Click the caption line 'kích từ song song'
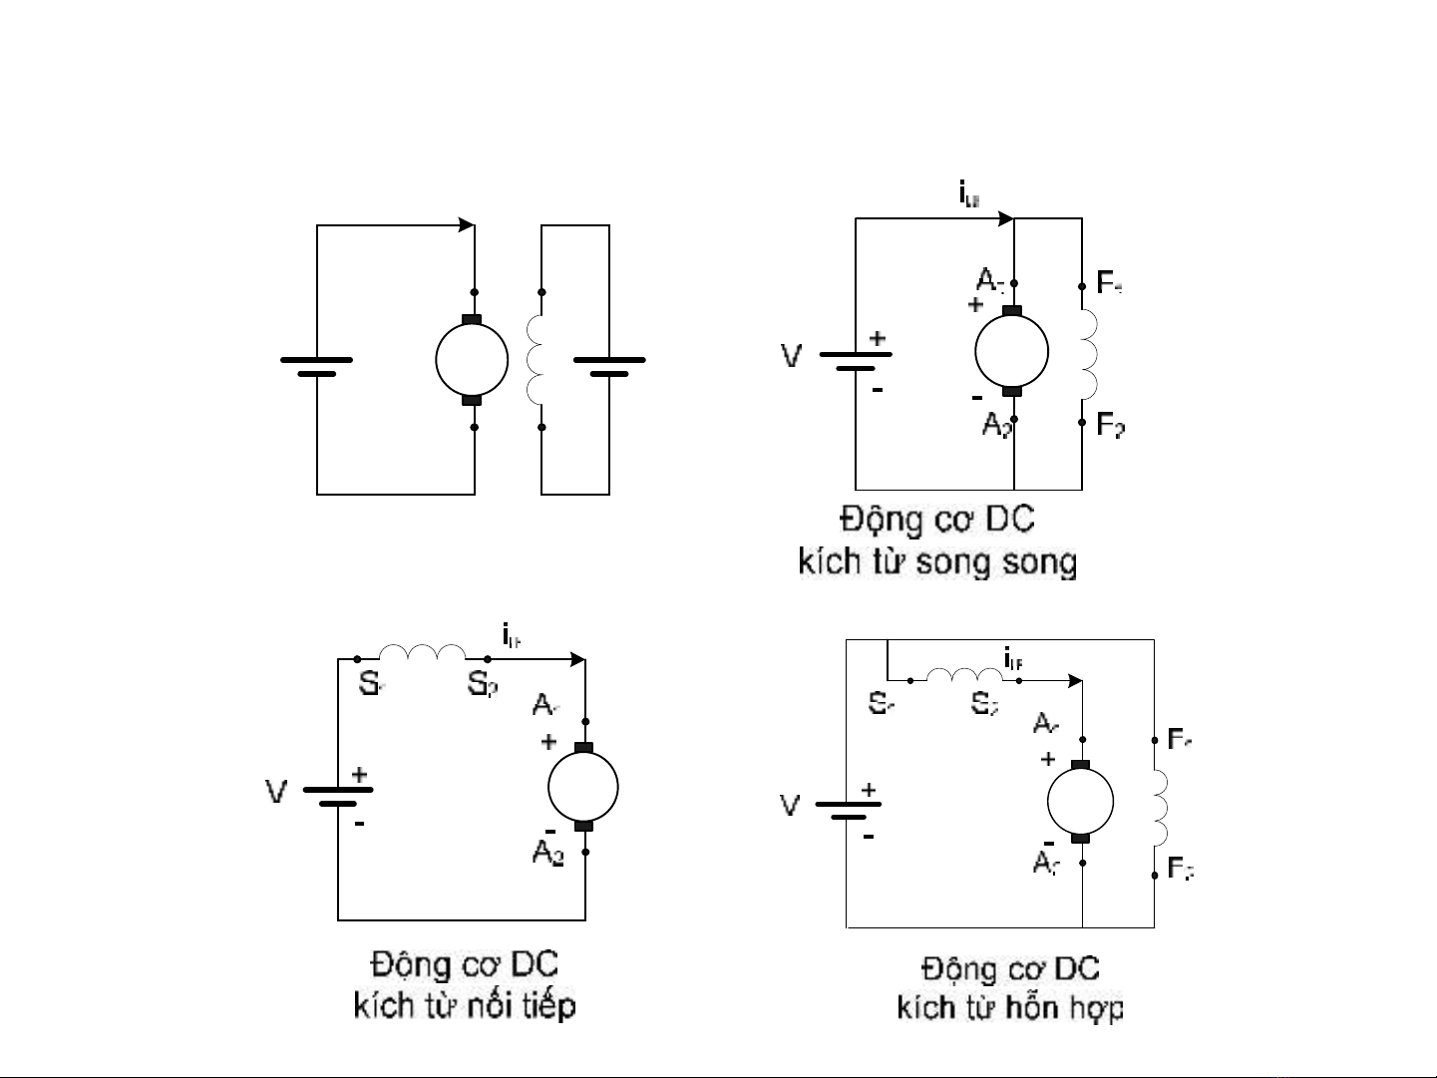[x=937, y=562]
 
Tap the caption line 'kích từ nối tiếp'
[x=465, y=1004]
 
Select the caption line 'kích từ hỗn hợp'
[x=1010, y=1007]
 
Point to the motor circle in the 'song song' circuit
[x=1011, y=351]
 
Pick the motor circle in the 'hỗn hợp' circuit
[x=1080, y=802]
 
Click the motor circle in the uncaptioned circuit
[x=473, y=360]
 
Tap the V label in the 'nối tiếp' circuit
[x=276, y=792]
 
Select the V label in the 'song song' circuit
[x=791, y=356]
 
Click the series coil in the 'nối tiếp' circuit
[x=422, y=653]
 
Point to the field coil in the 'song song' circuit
[x=1089, y=354]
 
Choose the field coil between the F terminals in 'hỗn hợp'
[x=1160, y=806]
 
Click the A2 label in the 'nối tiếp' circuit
[x=548, y=853]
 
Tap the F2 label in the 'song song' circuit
[x=1111, y=425]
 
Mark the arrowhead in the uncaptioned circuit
[x=467, y=225]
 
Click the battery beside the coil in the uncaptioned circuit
[x=608, y=366]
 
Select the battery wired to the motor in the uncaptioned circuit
[x=316, y=366]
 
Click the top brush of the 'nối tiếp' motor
[x=584, y=748]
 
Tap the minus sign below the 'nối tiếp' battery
[x=359, y=825]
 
